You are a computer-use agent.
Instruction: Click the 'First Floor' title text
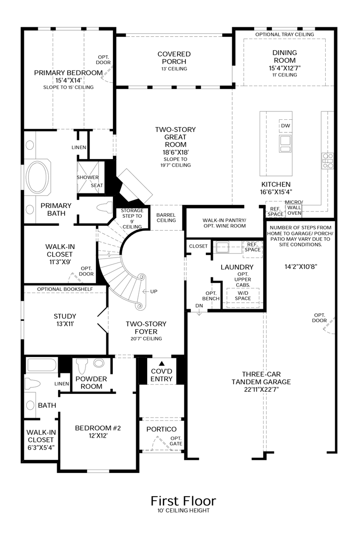tap(183, 500)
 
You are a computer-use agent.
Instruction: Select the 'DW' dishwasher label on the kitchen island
tap(285, 126)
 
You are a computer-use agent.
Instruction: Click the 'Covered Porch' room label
tap(174, 58)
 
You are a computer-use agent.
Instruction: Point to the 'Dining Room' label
tap(284, 56)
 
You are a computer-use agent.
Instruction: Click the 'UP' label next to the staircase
tap(154, 291)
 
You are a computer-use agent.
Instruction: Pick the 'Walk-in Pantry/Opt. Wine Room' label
tap(224, 223)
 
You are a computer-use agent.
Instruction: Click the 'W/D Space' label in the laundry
tap(243, 295)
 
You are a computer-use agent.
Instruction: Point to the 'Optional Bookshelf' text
tap(63, 289)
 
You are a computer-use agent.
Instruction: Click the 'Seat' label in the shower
tap(97, 185)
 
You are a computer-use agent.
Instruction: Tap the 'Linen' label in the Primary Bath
tap(79, 148)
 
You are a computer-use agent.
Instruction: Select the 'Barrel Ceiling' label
tap(166, 217)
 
